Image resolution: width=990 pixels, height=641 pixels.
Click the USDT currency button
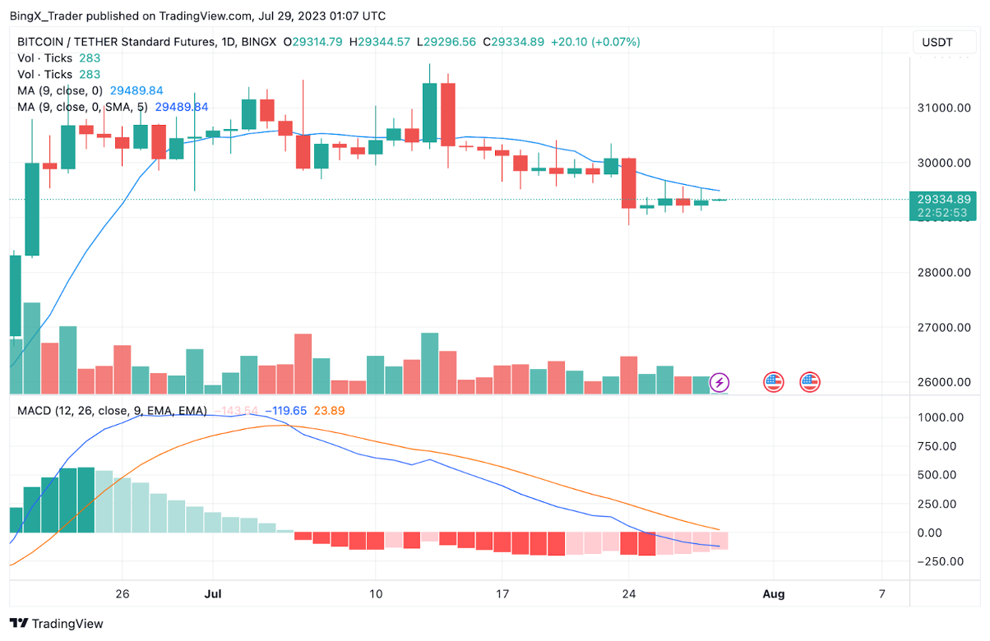[937, 42]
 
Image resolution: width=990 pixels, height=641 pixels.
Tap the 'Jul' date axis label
[214, 593]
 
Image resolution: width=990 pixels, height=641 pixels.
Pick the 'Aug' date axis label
[773, 593]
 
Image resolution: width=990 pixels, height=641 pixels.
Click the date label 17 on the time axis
[502, 593]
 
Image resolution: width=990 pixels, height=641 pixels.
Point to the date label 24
[629, 593]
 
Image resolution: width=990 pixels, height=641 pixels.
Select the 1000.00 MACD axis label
[940, 417]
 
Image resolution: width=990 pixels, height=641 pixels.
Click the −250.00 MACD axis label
[940, 562]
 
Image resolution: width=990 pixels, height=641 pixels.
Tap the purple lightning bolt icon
[719, 381]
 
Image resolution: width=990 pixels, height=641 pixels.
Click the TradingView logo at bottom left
[56, 624]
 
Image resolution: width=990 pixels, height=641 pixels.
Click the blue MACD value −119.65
[285, 410]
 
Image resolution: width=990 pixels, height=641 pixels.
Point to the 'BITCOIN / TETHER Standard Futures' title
[113, 42]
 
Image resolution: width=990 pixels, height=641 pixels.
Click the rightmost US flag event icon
[810, 381]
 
